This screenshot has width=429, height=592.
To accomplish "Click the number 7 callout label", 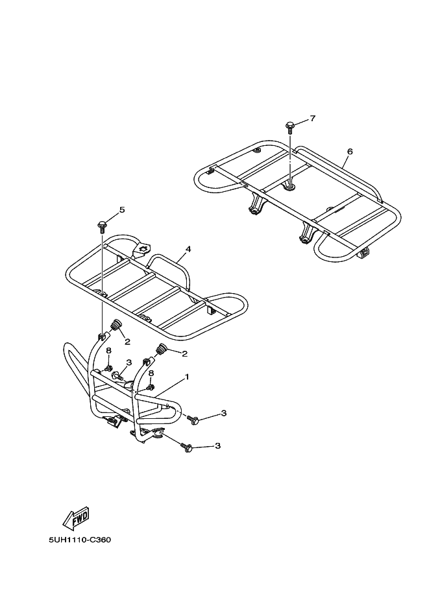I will (313, 119).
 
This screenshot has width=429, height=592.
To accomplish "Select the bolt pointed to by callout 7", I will (289, 126).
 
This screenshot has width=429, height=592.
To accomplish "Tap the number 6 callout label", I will (350, 151).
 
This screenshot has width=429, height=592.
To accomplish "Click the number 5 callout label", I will (121, 210).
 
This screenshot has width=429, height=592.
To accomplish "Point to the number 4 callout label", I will (188, 249).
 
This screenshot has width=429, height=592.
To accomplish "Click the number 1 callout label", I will (186, 376).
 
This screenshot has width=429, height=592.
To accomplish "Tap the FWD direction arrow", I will (76, 517).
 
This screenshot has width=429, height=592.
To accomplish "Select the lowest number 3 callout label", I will (218, 446).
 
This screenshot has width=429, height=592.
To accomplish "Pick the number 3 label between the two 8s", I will (129, 362).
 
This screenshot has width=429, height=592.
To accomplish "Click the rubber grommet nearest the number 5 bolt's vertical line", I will (117, 326).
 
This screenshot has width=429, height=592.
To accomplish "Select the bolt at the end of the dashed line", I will (193, 421).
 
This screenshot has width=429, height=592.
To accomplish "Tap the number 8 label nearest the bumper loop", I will (109, 351).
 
